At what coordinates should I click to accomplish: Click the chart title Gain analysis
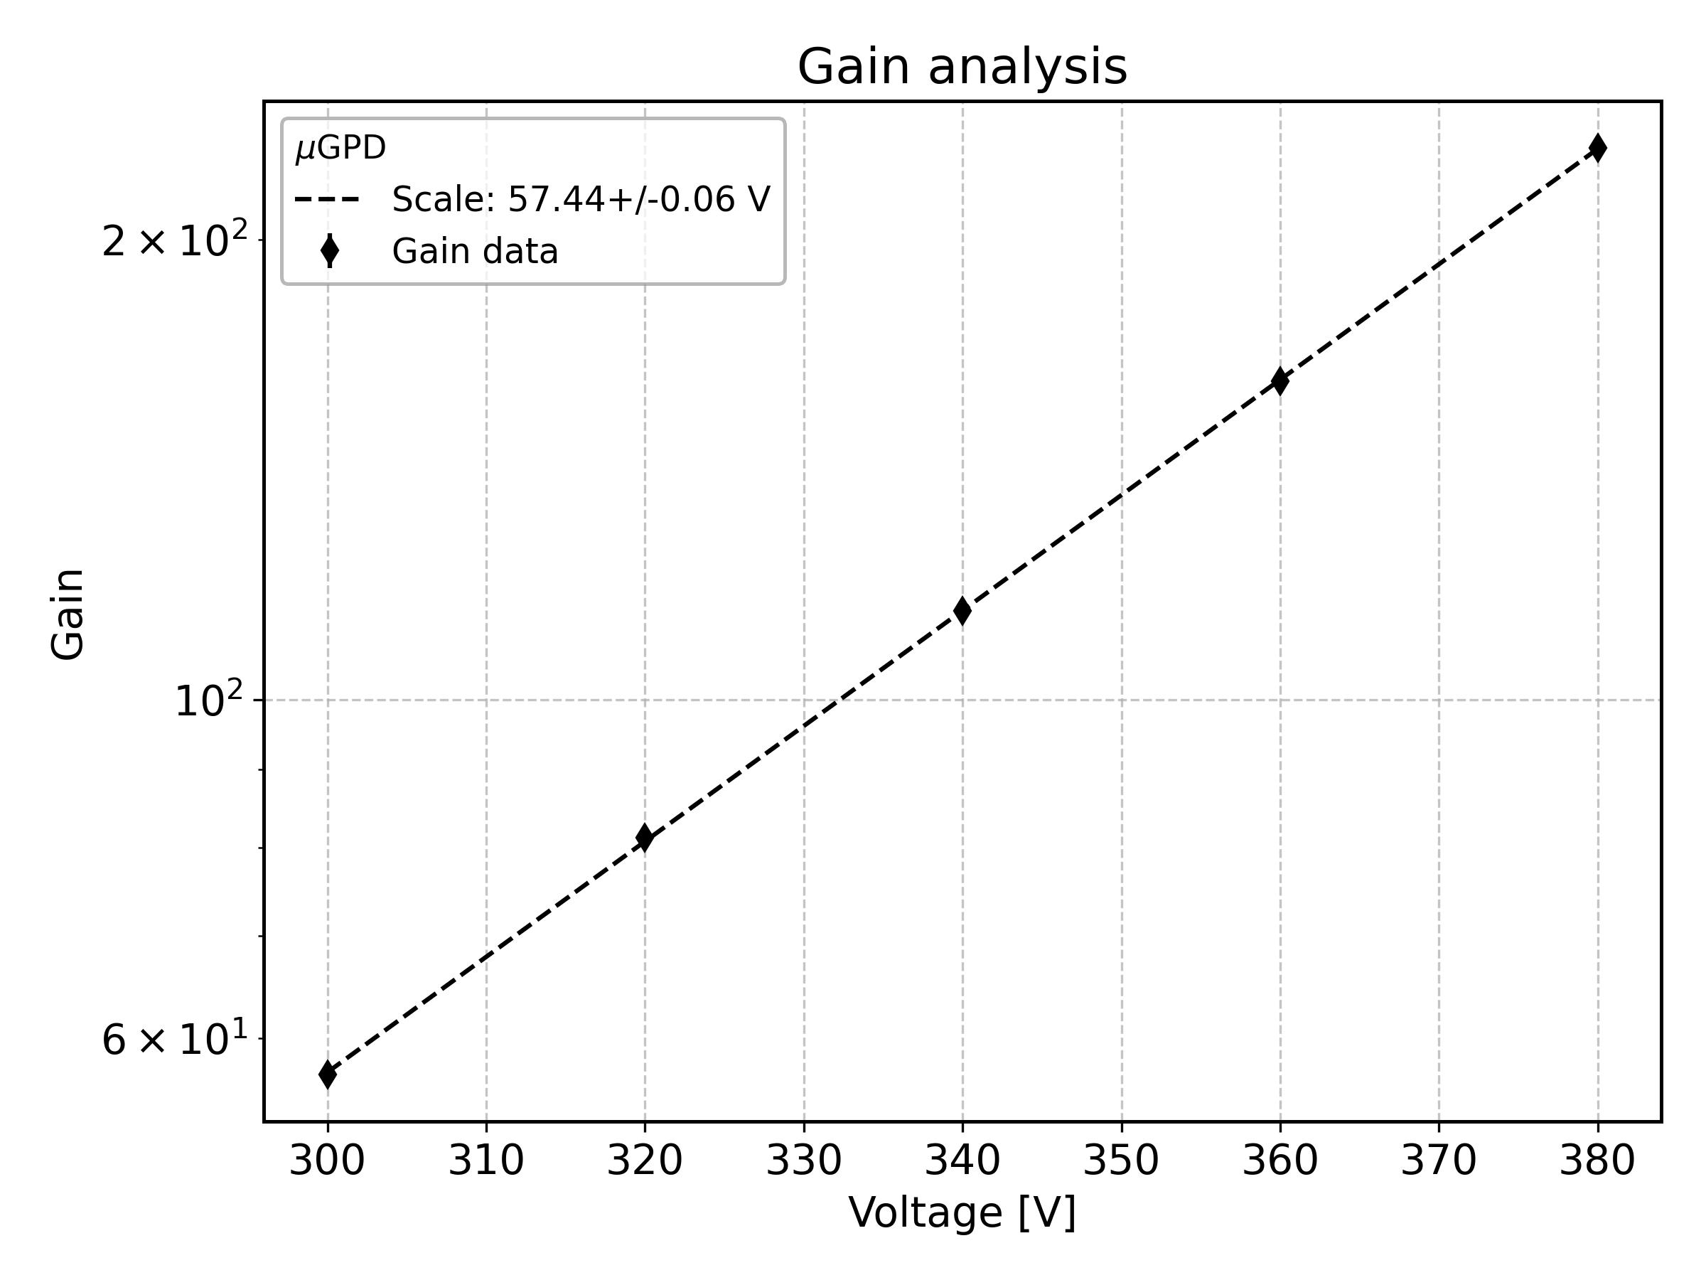click(x=962, y=67)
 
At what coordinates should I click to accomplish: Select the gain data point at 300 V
click(x=328, y=1074)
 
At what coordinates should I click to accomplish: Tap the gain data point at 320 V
click(x=645, y=837)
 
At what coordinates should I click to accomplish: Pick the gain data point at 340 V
click(x=962, y=610)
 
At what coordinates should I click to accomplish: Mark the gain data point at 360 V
click(x=1280, y=380)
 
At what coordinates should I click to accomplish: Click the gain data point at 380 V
click(x=1597, y=148)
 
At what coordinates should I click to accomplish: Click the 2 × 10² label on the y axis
click(x=176, y=242)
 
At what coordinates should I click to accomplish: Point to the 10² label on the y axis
click(x=209, y=701)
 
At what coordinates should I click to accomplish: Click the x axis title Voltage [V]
click(x=962, y=1213)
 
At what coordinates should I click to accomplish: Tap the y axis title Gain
click(x=68, y=614)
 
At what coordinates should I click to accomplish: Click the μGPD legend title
click(x=340, y=148)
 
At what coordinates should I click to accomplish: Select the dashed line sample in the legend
click(x=328, y=200)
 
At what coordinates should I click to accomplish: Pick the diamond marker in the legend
click(x=329, y=252)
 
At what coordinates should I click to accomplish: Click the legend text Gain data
click(x=475, y=252)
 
